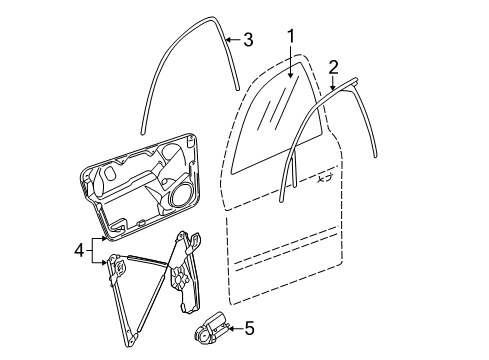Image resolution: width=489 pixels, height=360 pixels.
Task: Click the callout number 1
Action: pos(291,37)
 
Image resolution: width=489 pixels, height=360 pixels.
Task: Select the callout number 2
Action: pos(333,67)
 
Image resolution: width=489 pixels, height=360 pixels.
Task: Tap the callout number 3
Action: pos(248,40)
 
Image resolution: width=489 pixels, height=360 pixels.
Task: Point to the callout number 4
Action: pos(79,250)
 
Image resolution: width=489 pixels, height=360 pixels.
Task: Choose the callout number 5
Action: pos(249,328)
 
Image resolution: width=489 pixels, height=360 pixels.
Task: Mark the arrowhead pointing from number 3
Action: pos(229,40)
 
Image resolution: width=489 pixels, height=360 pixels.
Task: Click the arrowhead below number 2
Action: pos(333,87)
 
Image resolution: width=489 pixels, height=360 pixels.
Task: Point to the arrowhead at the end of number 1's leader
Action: pos(291,75)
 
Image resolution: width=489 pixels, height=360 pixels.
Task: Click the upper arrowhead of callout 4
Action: pos(104,239)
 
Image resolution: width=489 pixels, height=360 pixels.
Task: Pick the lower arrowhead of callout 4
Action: pos(104,263)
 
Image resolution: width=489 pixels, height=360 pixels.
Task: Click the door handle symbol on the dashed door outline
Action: pos(324,179)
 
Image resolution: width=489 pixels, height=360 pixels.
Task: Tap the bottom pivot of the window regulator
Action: pos(132,341)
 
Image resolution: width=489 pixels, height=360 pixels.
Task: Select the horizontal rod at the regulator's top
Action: pos(147,260)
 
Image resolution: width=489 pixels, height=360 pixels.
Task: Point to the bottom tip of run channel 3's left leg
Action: pos(142,133)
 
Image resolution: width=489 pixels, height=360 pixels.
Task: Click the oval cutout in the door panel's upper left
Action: pos(109,172)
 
